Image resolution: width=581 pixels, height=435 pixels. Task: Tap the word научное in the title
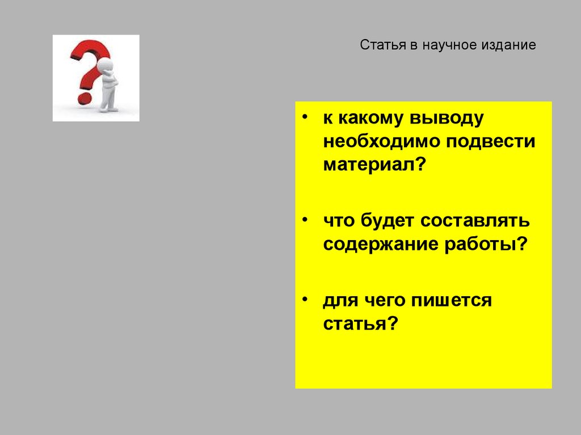[447, 45]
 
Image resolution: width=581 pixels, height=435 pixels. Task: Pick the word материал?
[374, 165]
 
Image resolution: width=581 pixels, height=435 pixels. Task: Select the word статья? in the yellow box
[359, 324]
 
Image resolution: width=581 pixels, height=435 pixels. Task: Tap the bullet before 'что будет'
[306, 219]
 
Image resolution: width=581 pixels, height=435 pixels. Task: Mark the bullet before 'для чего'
[306, 298]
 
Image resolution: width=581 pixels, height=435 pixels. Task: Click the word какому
[368, 118]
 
